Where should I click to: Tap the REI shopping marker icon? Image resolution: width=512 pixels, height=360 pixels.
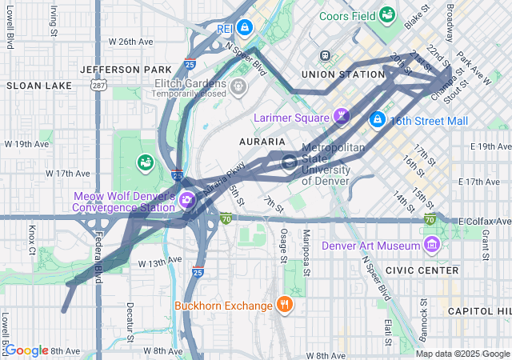246,28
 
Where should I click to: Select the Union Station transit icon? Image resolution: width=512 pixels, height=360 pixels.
325,56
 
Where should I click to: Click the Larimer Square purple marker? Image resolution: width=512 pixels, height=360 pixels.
342,118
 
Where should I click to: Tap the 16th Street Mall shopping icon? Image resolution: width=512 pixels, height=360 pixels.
377,120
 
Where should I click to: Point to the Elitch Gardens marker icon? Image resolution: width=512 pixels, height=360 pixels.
238,86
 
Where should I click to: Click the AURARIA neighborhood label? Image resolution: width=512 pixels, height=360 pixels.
262,141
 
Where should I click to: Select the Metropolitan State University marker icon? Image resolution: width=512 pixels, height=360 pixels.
288,163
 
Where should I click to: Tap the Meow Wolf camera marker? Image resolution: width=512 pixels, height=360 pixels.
187,199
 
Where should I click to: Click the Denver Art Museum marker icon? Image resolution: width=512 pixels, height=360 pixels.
432,244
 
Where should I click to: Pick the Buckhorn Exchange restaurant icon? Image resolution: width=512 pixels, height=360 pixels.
284,304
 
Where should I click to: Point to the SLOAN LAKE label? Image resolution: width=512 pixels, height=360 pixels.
29,84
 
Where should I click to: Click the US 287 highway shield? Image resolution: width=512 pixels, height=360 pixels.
97,85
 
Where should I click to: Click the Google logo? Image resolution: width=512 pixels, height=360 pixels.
26,350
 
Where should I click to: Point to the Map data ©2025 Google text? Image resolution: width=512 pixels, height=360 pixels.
462,354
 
